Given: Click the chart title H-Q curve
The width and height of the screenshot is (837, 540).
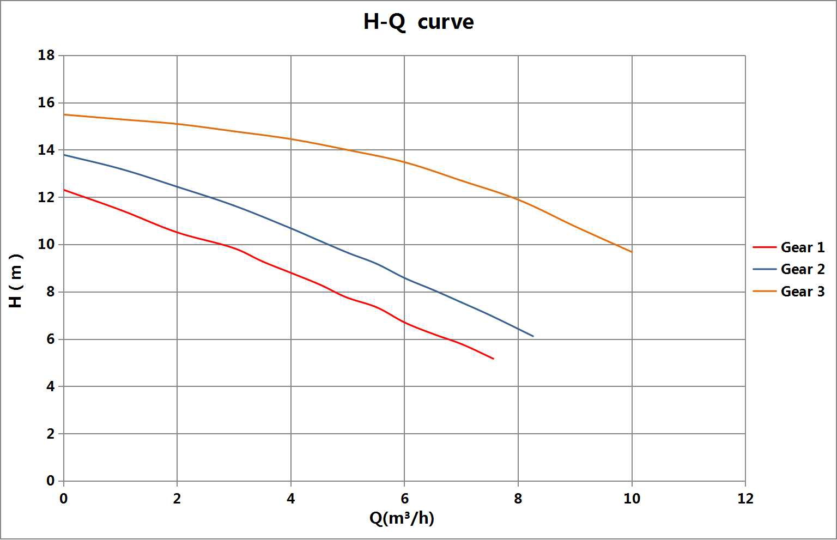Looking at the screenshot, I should tap(418, 22).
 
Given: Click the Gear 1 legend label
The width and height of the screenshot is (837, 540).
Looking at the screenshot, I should tap(802, 247).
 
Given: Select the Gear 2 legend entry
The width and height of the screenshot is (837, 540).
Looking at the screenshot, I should tap(802, 269).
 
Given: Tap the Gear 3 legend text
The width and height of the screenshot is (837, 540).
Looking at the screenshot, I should tap(802, 292).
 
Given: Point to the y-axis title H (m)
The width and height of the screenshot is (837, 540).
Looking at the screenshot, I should tap(16, 281).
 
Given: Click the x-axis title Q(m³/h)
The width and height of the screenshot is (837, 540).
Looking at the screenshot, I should tap(402, 518).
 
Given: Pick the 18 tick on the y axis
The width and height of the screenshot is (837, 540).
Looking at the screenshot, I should tap(46, 56).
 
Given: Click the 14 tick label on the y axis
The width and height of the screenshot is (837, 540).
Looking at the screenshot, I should tap(46, 150).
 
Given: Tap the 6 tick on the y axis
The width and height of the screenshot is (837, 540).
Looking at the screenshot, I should tap(50, 339).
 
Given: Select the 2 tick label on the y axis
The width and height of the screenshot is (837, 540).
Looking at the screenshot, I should tap(50, 434).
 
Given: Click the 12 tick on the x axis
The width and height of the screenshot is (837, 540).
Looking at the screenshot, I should tap(745, 498).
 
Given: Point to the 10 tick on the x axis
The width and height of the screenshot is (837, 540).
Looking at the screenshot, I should tap(632, 498).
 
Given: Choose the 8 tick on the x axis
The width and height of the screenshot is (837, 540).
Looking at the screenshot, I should tap(518, 498).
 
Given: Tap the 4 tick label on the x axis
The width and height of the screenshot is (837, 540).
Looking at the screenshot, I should tap(291, 498).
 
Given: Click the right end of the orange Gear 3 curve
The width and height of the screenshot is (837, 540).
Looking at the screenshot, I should tap(632, 252).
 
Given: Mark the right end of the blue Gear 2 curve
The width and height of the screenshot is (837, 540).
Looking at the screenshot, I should tap(532, 336).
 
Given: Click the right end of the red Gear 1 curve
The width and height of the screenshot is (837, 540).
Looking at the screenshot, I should tap(493, 359).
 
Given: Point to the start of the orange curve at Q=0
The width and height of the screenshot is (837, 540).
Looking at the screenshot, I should tap(64, 114).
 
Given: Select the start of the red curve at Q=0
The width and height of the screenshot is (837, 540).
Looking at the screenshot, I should tap(64, 190).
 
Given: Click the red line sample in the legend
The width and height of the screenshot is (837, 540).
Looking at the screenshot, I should tap(764, 247).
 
